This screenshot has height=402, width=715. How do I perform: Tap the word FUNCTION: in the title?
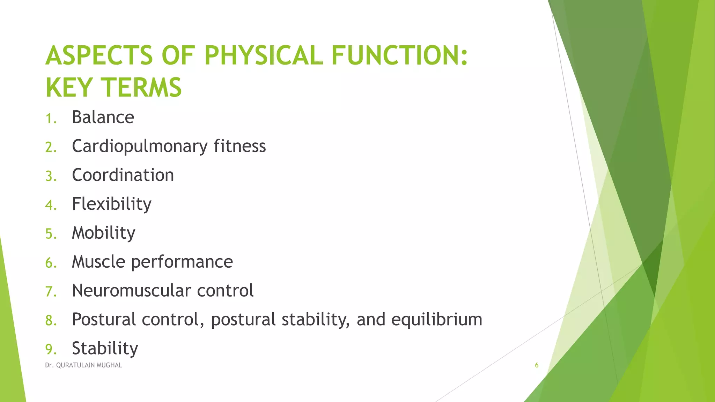[x=399, y=55]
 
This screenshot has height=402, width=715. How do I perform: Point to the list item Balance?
[x=103, y=117]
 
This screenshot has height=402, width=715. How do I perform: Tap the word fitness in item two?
[x=239, y=146]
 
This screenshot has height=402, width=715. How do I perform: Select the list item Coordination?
[x=123, y=175]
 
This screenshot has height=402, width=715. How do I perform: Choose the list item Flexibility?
[x=112, y=204]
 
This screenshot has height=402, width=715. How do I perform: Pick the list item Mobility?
[x=104, y=233]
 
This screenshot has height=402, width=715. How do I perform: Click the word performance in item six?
[x=182, y=262]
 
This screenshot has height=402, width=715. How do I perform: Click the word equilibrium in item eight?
[x=436, y=320]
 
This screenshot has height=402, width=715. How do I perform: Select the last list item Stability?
[x=105, y=348]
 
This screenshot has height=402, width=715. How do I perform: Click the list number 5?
[x=51, y=234]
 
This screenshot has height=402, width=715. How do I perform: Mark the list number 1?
[x=50, y=119]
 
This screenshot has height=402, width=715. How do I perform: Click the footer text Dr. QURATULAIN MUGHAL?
[x=83, y=365]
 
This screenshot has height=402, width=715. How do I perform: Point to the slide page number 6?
[x=537, y=365]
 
